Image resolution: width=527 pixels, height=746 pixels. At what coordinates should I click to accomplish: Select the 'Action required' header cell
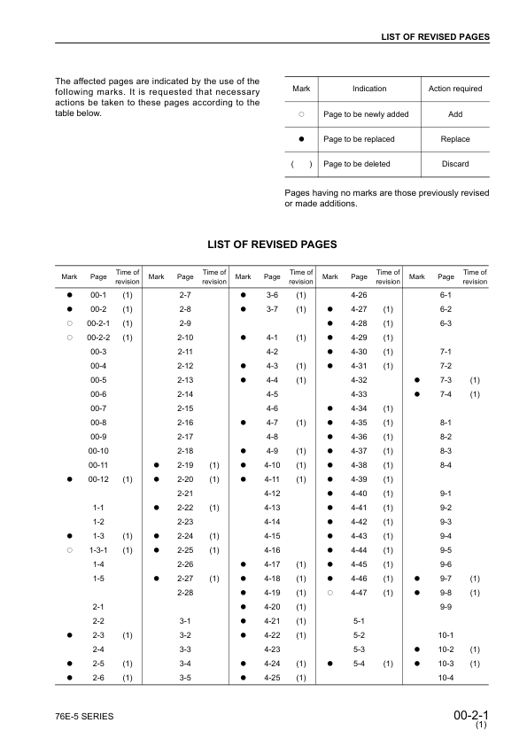[x=455, y=89]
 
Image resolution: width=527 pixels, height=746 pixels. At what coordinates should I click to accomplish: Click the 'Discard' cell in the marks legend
[x=455, y=164]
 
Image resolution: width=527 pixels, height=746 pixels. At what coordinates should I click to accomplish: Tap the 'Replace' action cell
[x=455, y=139]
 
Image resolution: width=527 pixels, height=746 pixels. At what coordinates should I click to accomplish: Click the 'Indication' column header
[x=369, y=89]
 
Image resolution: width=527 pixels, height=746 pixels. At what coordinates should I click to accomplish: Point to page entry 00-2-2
[x=99, y=337]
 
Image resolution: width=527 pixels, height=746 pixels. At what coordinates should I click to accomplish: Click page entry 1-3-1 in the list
[x=99, y=549]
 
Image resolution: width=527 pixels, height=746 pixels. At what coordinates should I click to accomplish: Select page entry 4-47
[x=360, y=592]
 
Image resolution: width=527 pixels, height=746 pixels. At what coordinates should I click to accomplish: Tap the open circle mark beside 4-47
[x=329, y=592]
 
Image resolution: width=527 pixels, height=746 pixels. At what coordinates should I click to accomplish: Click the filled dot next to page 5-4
[x=329, y=663]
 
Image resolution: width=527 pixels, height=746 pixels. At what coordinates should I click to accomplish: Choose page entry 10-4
[x=446, y=677]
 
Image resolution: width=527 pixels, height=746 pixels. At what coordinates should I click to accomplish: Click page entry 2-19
[x=186, y=464]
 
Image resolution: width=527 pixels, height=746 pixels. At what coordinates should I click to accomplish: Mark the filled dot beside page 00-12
[x=67, y=478]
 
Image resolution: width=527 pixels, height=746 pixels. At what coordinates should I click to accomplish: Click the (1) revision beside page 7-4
[x=475, y=393]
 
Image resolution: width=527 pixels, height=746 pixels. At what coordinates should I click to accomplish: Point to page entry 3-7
[x=273, y=308]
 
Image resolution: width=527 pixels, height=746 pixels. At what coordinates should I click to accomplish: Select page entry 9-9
[x=446, y=606]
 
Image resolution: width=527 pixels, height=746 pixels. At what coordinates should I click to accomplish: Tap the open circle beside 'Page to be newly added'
[x=301, y=114]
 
